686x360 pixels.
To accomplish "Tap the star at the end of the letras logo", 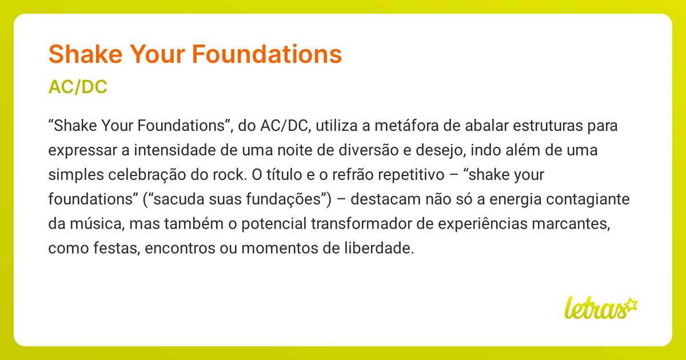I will (x=631, y=304).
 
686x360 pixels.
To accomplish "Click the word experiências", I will (x=472, y=225).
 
